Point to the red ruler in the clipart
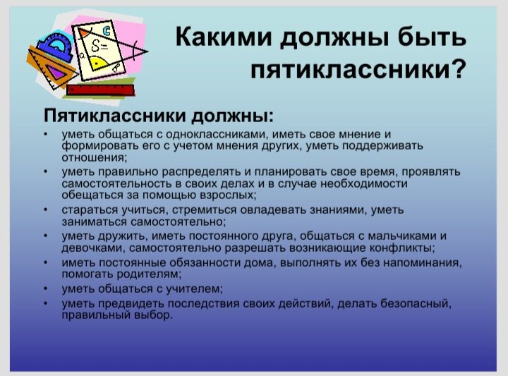(x=100, y=90)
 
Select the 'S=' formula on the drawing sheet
(x=99, y=46)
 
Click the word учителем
(x=195, y=289)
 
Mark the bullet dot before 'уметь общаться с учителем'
(x=47, y=289)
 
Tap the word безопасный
(x=416, y=303)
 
